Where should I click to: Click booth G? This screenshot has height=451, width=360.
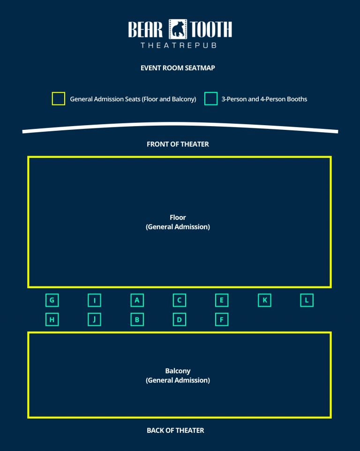(52, 300)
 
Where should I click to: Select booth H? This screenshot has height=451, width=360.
(52, 320)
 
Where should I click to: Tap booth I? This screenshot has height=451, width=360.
(95, 300)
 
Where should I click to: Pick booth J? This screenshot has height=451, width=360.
(95, 320)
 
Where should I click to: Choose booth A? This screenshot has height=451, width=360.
(137, 300)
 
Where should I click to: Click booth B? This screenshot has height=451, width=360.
(137, 320)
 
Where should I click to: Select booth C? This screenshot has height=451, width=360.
(180, 300)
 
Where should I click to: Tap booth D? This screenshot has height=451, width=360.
(180, 320)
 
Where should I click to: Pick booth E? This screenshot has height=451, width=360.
(222, 300)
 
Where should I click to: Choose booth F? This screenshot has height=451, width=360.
(222, 320)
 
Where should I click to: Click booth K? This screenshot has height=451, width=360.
(264, 300)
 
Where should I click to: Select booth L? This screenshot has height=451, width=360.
(307, 300)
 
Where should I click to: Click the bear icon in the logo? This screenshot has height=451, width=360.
(178, 30)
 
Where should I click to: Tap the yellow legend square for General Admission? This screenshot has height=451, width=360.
(59, 99)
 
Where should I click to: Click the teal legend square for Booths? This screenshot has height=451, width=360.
(211, 99)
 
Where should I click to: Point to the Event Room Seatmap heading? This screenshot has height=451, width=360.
(178, 68)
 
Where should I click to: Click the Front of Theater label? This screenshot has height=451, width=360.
(178, 144)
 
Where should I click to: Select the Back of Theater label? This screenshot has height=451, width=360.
(175, 430)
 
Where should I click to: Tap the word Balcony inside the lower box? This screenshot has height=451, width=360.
(178, 371)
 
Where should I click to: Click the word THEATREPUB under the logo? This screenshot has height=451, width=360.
(178, 45)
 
